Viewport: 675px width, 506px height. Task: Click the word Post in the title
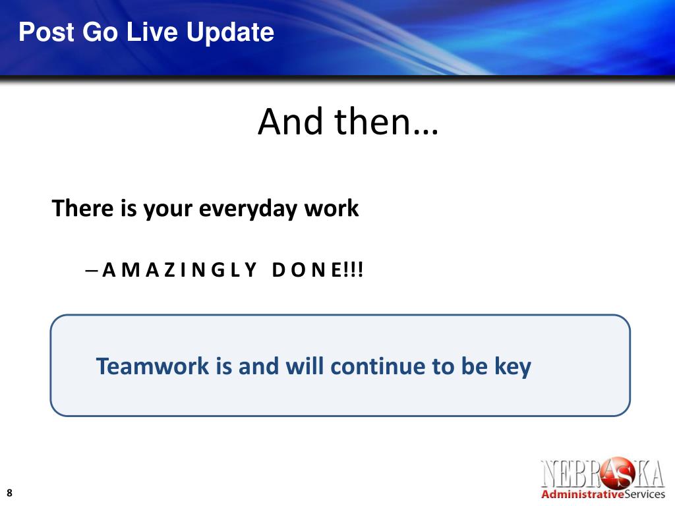tap(46, 32)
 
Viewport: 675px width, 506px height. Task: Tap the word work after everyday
tap(332, 208)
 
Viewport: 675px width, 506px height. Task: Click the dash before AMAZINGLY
tap(91, 271)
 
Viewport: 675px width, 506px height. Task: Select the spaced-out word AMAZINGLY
tap(179, 270)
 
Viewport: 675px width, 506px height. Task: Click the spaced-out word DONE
tap(307, 270)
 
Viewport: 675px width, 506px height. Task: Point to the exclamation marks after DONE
tap(354, 270)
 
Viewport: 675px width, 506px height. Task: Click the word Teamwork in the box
tap(152, 366)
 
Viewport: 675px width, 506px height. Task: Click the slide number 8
tap(9, 493)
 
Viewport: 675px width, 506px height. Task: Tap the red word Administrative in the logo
tap(583, 494)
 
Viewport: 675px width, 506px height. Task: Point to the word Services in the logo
tap(645, 494)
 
